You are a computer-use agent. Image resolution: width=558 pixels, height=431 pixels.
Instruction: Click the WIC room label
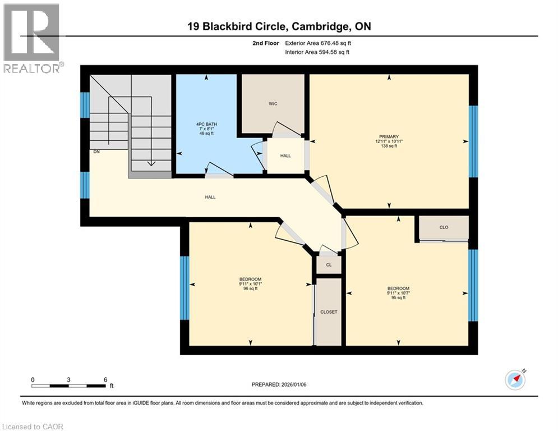(273, 104)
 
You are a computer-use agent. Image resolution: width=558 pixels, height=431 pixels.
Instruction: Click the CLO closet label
(444, 228)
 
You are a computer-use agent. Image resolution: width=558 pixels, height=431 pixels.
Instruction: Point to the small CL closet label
(329, 264)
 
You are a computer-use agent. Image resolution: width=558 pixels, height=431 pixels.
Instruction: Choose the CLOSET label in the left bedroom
(329, 312)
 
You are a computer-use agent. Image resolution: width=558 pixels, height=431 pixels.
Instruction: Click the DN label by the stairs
(96, 152)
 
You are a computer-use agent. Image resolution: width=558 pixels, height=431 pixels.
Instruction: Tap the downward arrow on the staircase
(150, 163)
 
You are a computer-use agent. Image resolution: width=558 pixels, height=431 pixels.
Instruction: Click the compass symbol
(515, 379)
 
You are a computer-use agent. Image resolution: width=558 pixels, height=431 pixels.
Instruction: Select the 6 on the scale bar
(105, 380)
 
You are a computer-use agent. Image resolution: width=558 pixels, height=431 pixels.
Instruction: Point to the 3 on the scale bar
(68, 380)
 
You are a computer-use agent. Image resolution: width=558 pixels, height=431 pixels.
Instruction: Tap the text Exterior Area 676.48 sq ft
(318, 43)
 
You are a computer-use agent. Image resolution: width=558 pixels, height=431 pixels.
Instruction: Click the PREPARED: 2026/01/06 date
(279, 384)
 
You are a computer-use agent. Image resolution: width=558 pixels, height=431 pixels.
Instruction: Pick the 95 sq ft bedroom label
(398, 294)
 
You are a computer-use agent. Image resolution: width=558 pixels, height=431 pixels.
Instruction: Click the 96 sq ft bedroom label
(250, 284)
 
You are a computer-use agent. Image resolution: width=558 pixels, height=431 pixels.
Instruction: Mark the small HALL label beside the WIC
(285, 155)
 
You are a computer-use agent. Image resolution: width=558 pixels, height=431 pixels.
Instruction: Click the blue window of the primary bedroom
(473, 141)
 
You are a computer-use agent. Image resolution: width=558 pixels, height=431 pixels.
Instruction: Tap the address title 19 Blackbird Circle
(279, 26)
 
